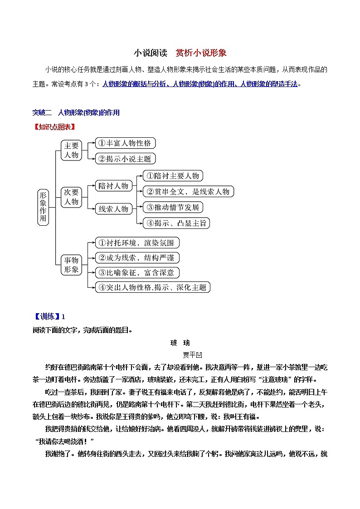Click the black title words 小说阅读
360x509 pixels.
tap(148, 53)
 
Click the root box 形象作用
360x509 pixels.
tap(43, 207)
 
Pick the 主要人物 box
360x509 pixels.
tap(72, 150)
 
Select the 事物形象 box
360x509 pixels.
tap(72, 265)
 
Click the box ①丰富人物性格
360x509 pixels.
tap(125, 143)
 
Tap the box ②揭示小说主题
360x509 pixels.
tap(125, 159)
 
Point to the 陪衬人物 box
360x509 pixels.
tap(113, 185)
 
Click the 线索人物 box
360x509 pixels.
tap(113, 209)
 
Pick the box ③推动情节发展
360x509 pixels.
tap(172, 207)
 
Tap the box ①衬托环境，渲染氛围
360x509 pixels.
tap(137, 242)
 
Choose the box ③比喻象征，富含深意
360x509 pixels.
tap(137, 272)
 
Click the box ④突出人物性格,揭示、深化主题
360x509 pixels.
tap(152, 287)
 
